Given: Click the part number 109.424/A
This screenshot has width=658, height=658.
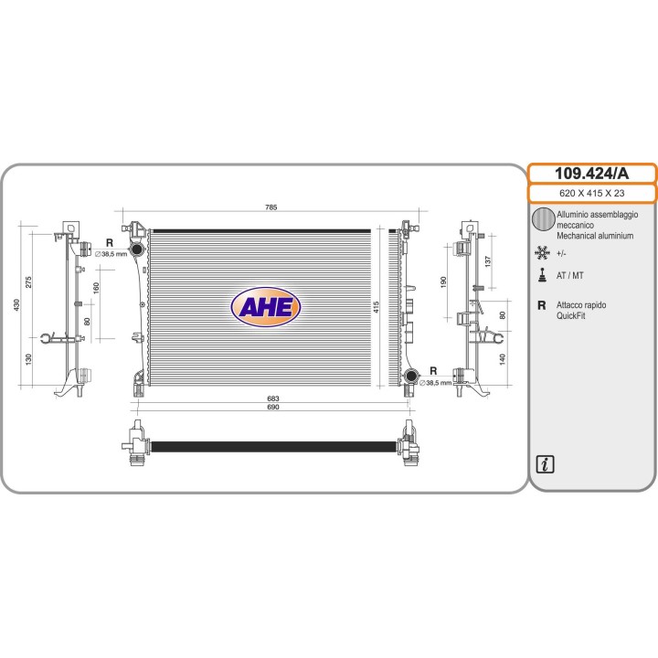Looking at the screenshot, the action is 591,174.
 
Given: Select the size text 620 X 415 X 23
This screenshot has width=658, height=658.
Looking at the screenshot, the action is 591,194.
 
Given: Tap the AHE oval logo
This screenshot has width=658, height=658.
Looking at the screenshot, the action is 266,307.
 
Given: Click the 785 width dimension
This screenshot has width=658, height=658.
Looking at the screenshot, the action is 271,207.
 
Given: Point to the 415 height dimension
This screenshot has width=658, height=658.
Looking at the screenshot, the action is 376,307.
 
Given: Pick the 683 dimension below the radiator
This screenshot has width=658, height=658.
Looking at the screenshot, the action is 272,398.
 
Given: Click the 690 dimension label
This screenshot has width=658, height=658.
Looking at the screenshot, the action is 272,407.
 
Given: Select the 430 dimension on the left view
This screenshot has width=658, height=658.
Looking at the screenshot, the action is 16,304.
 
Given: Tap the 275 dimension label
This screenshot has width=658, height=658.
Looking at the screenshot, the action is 28,281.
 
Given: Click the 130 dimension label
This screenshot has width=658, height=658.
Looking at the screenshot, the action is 28,359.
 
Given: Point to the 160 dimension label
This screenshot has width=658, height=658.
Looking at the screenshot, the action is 96,288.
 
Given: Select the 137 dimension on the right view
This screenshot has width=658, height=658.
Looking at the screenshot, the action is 487,261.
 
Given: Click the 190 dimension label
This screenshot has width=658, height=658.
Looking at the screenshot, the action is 443,282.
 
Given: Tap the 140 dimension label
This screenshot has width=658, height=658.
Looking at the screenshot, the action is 503,359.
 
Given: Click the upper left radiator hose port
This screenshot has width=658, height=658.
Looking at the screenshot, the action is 136,249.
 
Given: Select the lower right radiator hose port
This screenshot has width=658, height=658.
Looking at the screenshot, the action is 411,376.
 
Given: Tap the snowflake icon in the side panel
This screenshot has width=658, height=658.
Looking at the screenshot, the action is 542,252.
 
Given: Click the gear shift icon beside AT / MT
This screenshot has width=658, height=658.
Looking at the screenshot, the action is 543,275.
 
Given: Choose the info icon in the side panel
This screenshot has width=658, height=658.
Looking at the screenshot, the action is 545,464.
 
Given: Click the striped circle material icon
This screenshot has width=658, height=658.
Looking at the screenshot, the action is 543,219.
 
